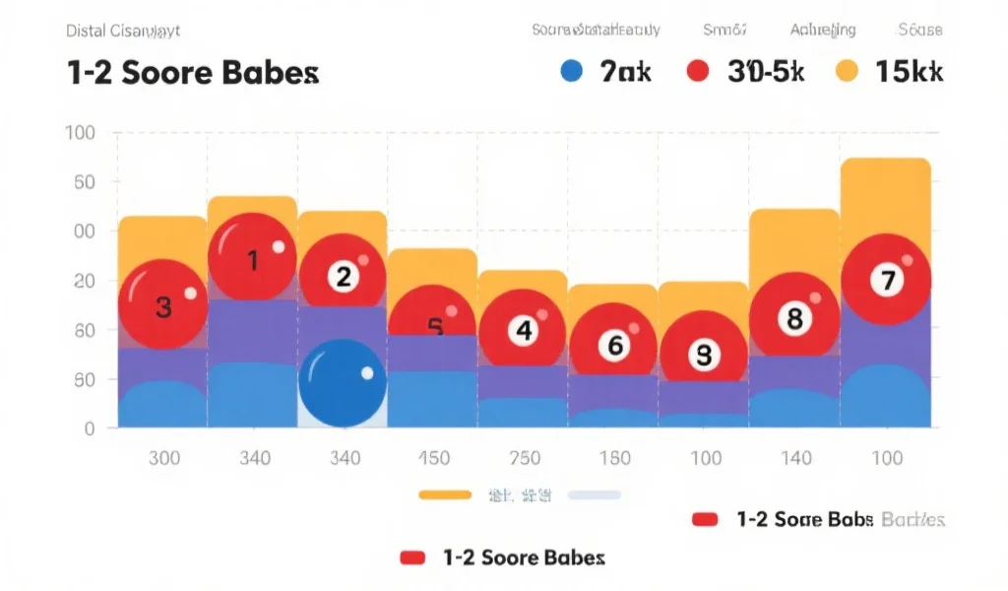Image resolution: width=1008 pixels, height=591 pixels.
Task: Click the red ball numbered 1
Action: [x=252, y=258]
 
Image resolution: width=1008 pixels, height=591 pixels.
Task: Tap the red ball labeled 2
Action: [x=342, y=276]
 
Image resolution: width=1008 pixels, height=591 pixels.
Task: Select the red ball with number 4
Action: [x=523, y=331]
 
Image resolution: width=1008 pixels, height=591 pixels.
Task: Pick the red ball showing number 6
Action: [x=613, y=345]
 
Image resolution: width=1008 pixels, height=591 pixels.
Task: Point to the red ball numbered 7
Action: [x=886, y=280]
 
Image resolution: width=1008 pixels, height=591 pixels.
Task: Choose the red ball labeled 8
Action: [x=793, y=317]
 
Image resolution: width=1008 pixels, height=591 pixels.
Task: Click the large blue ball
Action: [x=343, y=384]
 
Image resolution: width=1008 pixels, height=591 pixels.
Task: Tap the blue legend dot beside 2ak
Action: [x=571, y=71]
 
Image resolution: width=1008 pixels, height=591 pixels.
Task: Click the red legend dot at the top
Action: [x=697, y=71]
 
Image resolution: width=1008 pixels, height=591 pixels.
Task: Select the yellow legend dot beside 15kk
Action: [x=847, y=71]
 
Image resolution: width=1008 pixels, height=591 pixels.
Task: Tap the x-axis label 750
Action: [x=524, y=458]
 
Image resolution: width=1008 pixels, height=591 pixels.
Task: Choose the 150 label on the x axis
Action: [x=434, y=458]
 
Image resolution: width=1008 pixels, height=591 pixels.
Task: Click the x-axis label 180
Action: [x=614, y=458]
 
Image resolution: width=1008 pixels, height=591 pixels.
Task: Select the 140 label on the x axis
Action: [x=795, y=458]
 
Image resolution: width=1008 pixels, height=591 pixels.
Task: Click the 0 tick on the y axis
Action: [x=89, y=428]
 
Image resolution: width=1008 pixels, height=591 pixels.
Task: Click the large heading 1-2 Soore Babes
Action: [x=193, y=73]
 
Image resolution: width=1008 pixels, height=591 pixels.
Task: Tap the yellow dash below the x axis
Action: [x=445, y=494]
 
